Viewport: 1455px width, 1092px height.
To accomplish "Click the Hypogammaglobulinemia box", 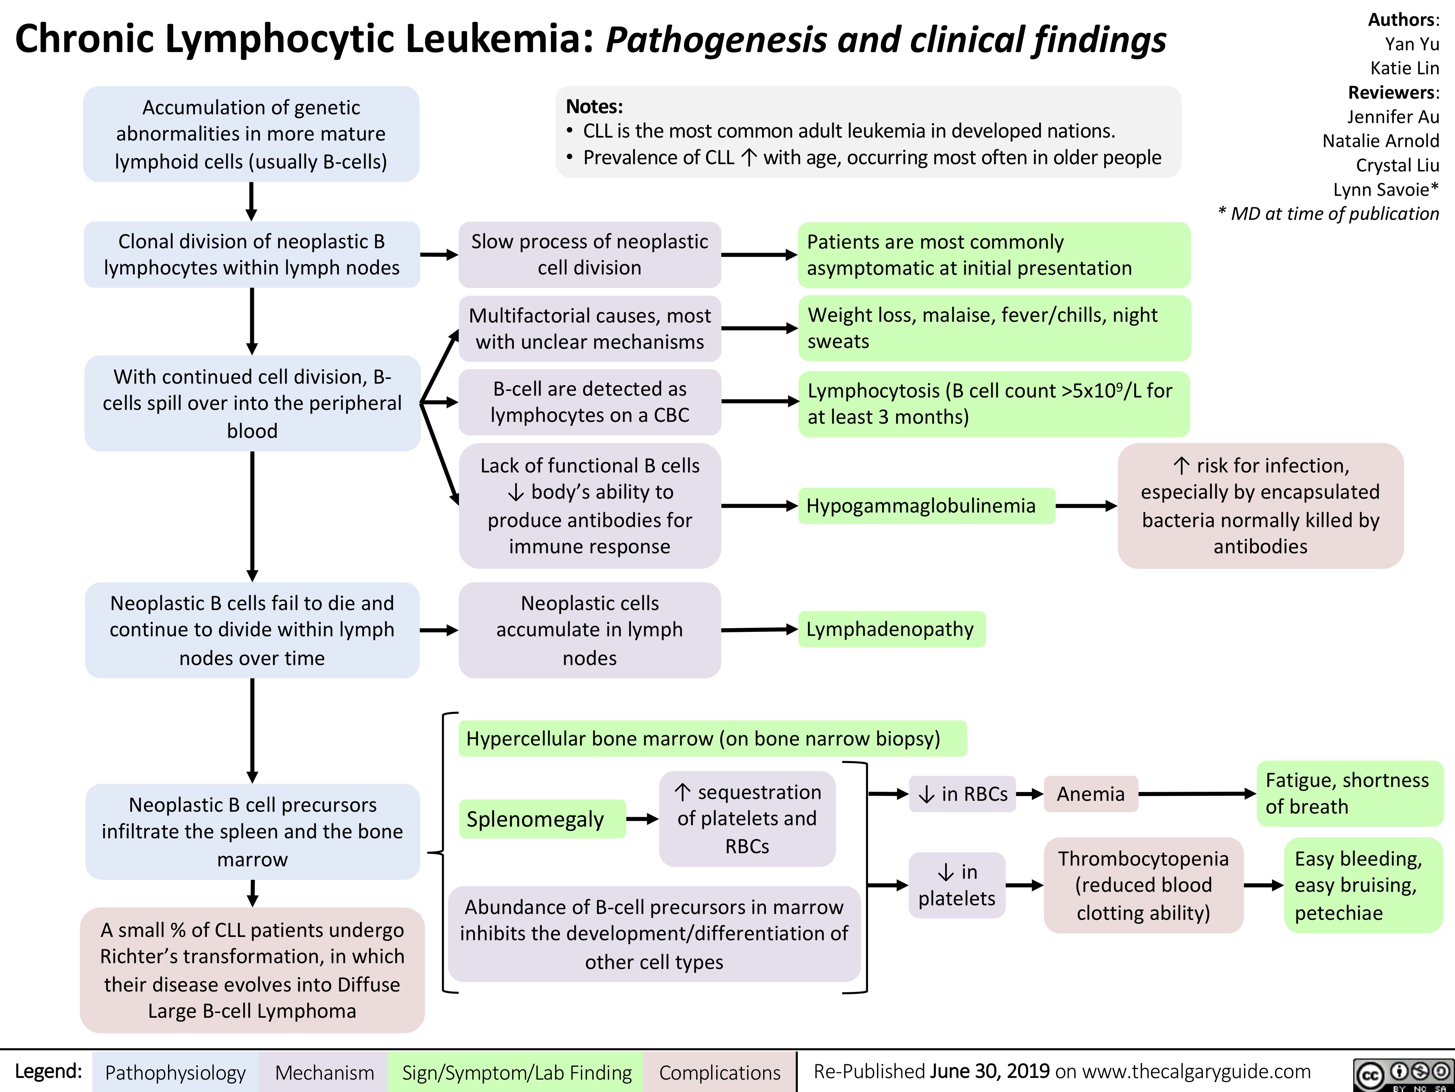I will click(926, 506).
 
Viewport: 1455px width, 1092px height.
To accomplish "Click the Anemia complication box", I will click(1091, 794).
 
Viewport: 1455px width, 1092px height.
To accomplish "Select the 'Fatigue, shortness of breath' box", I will click(1348, 793).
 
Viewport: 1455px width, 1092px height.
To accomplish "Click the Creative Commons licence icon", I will click(1402, 1074).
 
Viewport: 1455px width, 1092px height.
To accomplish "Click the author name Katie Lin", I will click(1404, 68).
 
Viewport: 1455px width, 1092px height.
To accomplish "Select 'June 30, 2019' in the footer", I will click(990, 1071).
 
